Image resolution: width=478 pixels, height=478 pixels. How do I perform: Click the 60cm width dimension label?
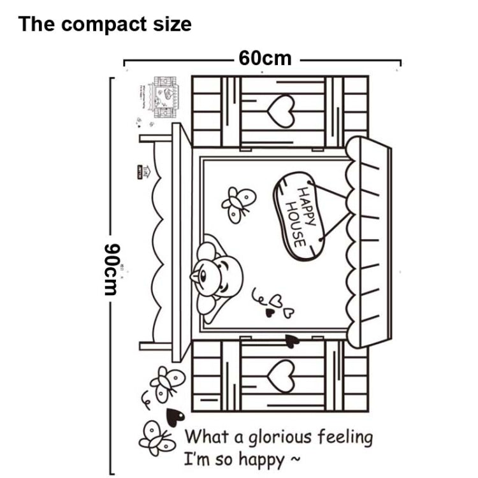[265, 59]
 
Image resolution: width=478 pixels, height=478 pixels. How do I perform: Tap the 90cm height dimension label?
[112, 268]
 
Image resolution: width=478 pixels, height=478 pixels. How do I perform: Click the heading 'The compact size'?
[105, 24]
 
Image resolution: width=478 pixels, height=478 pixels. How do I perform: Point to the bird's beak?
[194, 277]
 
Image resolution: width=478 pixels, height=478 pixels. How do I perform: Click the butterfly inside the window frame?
[238, 203]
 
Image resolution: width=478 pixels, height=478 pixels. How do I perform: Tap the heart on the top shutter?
[281, 112]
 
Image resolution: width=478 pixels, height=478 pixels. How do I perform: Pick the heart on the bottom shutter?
[280, 375]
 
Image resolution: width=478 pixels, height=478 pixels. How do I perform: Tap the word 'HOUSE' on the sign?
[294, 224]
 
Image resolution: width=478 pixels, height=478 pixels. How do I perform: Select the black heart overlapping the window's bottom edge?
[292, 341]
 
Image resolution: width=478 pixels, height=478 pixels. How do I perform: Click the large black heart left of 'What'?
[175, 417]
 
